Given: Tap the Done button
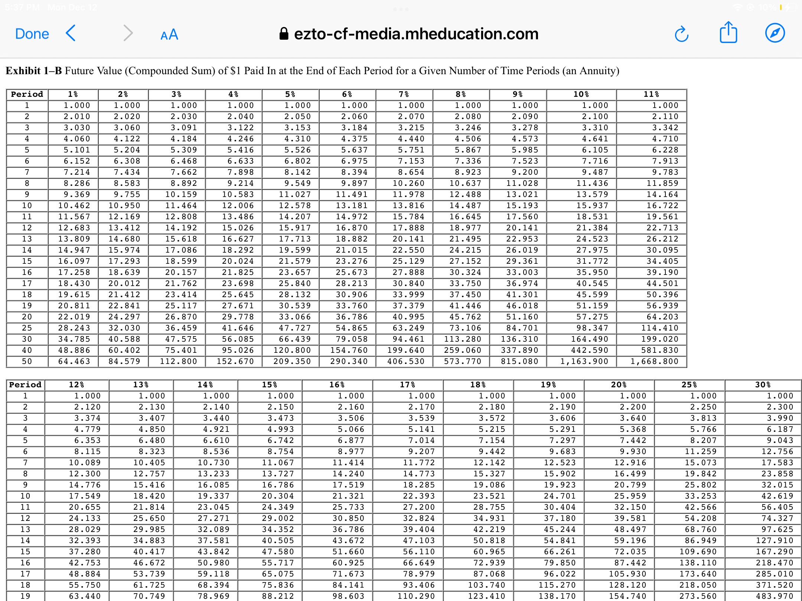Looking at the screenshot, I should (32, 34).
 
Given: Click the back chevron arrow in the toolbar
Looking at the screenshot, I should (71, 33).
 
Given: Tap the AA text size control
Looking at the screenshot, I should (169, 35).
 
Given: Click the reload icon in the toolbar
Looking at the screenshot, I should (681, 34).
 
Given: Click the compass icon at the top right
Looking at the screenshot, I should (775, 33).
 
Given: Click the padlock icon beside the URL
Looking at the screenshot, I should (284, 34).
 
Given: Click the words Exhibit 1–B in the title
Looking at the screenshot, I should (34, 70).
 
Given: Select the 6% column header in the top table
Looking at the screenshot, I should (347, 94).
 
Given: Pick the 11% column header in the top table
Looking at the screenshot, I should (651, 94).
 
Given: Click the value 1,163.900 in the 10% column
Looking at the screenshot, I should (584, 361).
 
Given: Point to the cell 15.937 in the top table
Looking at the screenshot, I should (592, 206).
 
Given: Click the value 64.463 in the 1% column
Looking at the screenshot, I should (74, 361).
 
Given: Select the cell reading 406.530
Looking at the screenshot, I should (406, 361).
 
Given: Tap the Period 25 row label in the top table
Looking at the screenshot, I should (27, 328).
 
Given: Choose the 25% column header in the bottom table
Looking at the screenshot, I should (689, 385).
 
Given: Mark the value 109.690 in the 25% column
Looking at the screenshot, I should (698, 552).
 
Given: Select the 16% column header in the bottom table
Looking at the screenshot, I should (337, 385).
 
